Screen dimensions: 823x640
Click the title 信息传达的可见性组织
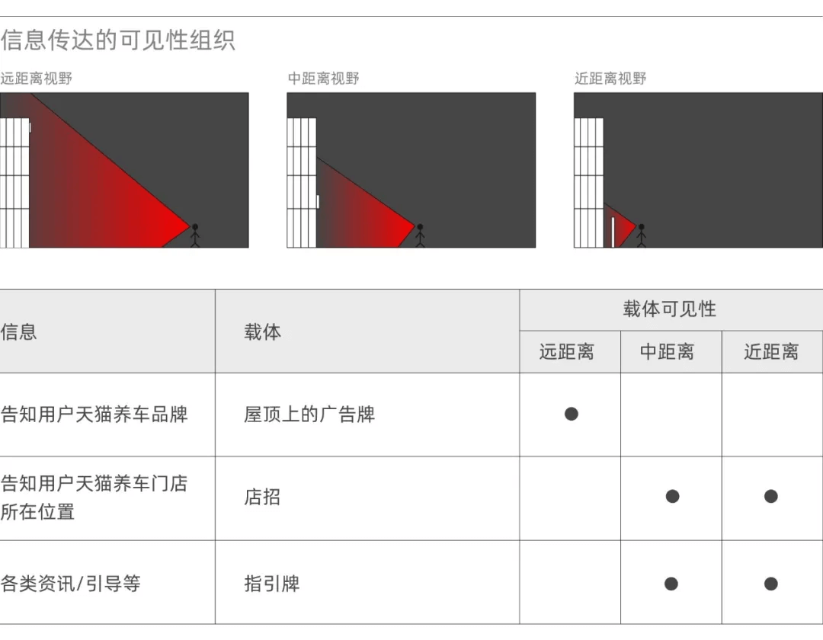(118, 40)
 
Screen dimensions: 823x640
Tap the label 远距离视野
(37, 78)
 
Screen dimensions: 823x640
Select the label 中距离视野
(323, 78)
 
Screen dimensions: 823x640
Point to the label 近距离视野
(610, 78)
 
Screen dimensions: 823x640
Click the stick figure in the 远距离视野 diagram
(194, 235)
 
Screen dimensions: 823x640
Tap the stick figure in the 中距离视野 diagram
(419, 235)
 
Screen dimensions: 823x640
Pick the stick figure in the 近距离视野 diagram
(641, 235)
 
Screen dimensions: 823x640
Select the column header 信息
(19, 332)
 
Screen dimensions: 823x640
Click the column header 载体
(262, 332)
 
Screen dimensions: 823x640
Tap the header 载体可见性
(670, 309)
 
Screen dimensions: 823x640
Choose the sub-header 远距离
(566, 352)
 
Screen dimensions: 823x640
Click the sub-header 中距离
(667, 352)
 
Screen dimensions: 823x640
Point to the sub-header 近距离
(771, 352)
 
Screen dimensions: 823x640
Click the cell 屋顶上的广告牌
(309, 414)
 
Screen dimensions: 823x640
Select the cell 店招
(262, 498)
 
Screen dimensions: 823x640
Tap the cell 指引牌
(271, 584)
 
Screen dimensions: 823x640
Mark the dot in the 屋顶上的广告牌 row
(572, 414)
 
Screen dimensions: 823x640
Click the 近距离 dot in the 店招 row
(771, 497)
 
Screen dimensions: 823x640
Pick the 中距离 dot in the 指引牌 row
(671, 584)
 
